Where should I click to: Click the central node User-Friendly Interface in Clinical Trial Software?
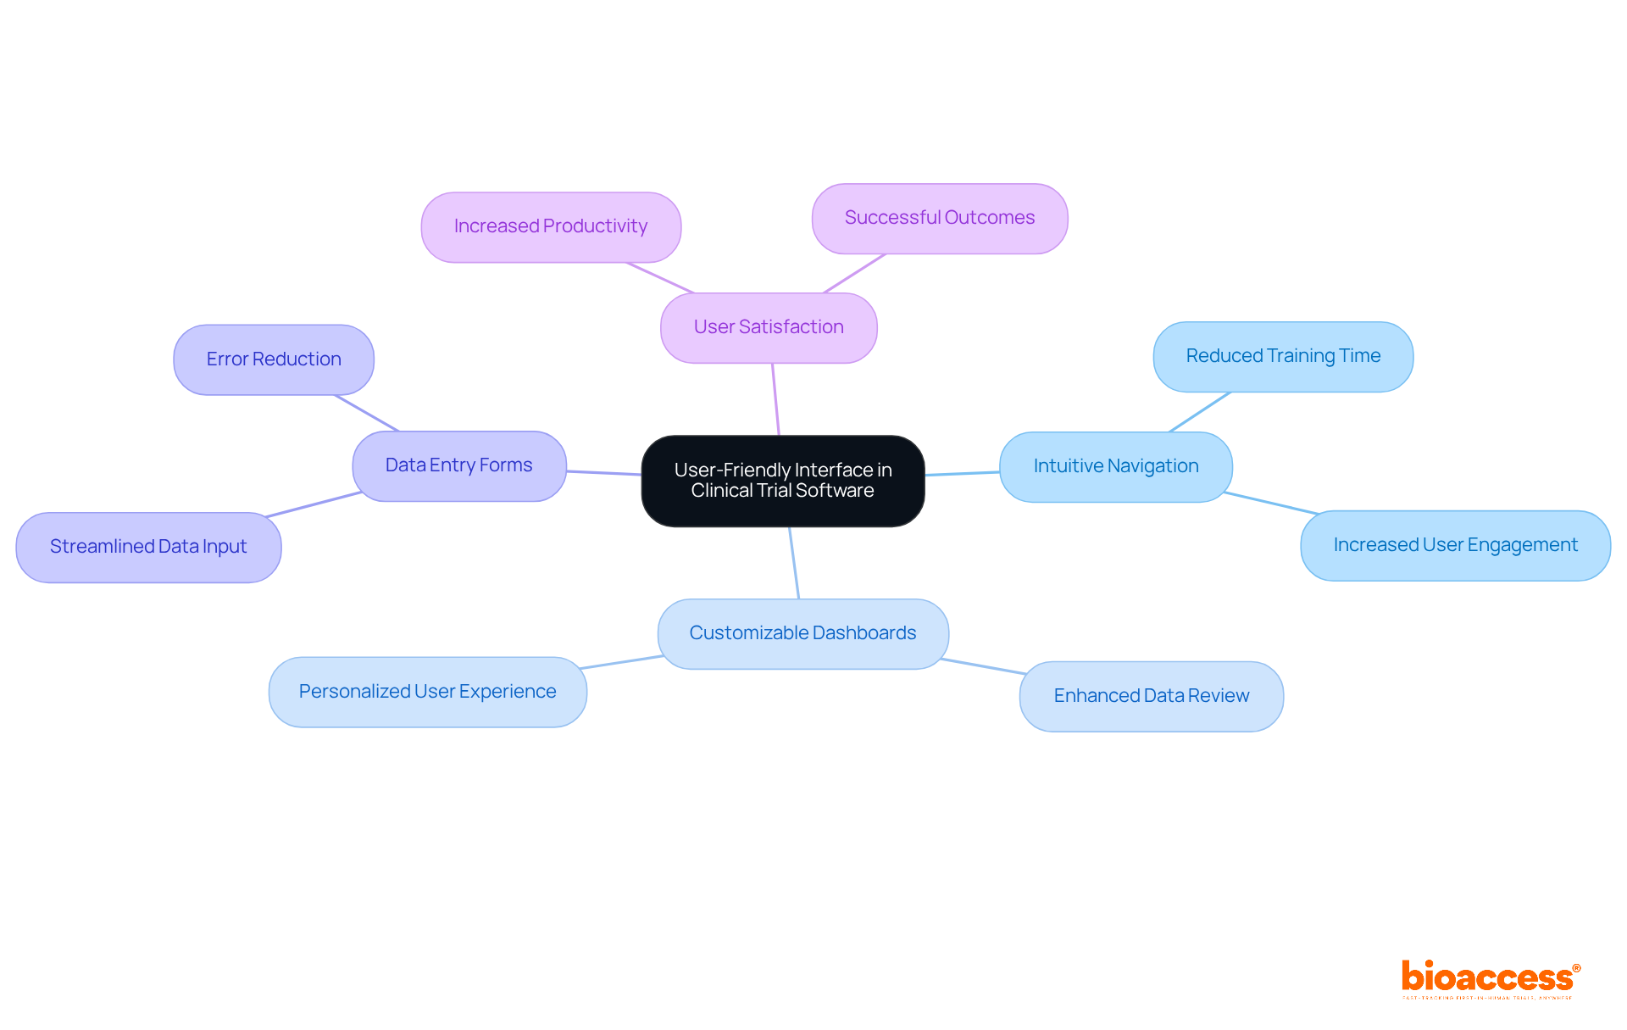click(x=782, y=481)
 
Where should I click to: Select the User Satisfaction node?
click(x=769, y=327)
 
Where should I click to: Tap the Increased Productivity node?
click(x=551, y=226)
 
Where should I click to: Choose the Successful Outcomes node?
click(x=939, y=218)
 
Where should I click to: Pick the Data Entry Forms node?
click(x=458, y=465)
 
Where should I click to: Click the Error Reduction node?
click(x=273, y=359)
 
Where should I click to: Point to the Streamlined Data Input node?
click(x=148, y=547)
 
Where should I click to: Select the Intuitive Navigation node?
click(x=1115, y=466)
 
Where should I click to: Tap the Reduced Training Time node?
click(x=1283, y=356)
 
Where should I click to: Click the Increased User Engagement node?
click(x=1455, y=545)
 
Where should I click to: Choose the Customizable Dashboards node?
click(x=802, y=633)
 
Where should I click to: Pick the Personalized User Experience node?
click(x=427, y=692)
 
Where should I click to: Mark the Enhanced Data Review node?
click(x=1151, y=696)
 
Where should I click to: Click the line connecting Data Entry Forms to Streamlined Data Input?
click(x=314, y=504)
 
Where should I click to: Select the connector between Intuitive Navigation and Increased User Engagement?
click(x=1271, y=503)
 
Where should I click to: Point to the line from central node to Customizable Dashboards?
click(x=794, y=563)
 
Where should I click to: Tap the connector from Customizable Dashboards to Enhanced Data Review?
click(x=983, y=666)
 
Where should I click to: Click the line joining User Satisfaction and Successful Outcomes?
click(x=854, y=273)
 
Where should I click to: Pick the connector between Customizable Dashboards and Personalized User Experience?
click(x=621, y=662)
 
